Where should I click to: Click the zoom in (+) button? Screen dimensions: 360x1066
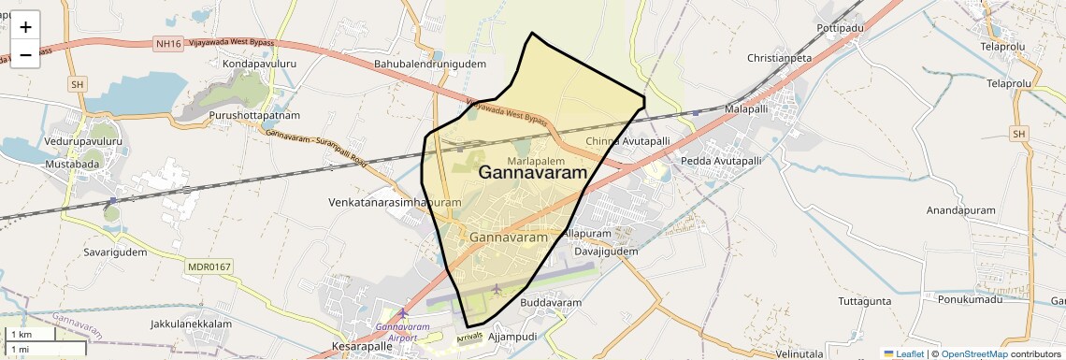tap(25, 27)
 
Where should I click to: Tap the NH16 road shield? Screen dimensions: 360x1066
tap(166, 43)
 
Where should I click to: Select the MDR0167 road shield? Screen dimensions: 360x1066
tap(208, 267)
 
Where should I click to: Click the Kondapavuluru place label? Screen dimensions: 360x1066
tap(259, 64)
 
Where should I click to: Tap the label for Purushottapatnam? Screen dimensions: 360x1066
tap(254, 115)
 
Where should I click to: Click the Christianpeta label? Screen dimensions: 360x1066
tap(780, 58)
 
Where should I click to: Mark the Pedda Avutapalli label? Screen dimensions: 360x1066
tap(721, 161)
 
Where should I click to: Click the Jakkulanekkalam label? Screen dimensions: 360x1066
tap(190, 324)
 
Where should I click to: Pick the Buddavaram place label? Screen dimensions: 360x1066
tap(551, 303)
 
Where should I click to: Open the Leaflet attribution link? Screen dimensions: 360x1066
tap(902, 353)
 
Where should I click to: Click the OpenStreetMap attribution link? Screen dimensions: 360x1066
tap(974, 353)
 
